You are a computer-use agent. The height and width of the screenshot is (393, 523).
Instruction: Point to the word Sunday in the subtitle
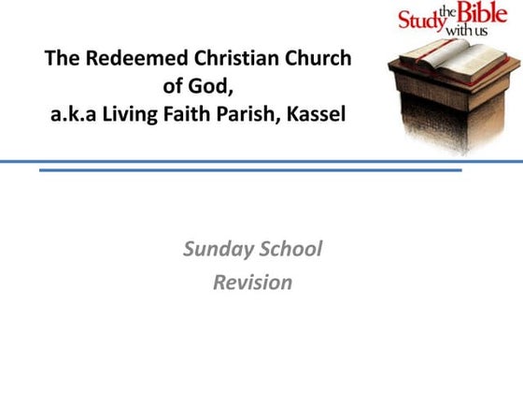click(218, 249)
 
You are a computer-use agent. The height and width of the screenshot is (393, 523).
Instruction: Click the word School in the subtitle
click(290, 249)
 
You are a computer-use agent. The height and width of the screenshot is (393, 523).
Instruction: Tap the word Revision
click(252, 282)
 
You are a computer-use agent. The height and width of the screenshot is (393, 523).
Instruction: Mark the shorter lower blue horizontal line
click(250, 170)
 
